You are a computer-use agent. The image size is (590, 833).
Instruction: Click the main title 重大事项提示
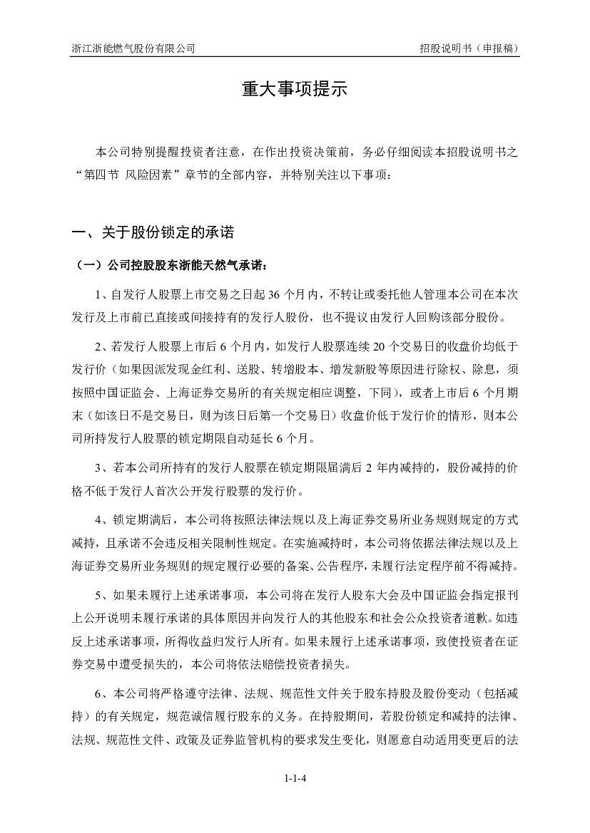point(294,90)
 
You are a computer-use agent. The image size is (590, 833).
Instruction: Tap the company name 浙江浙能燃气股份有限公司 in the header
point(133,48)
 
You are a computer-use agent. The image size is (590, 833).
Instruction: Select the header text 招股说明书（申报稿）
point(468,48)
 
